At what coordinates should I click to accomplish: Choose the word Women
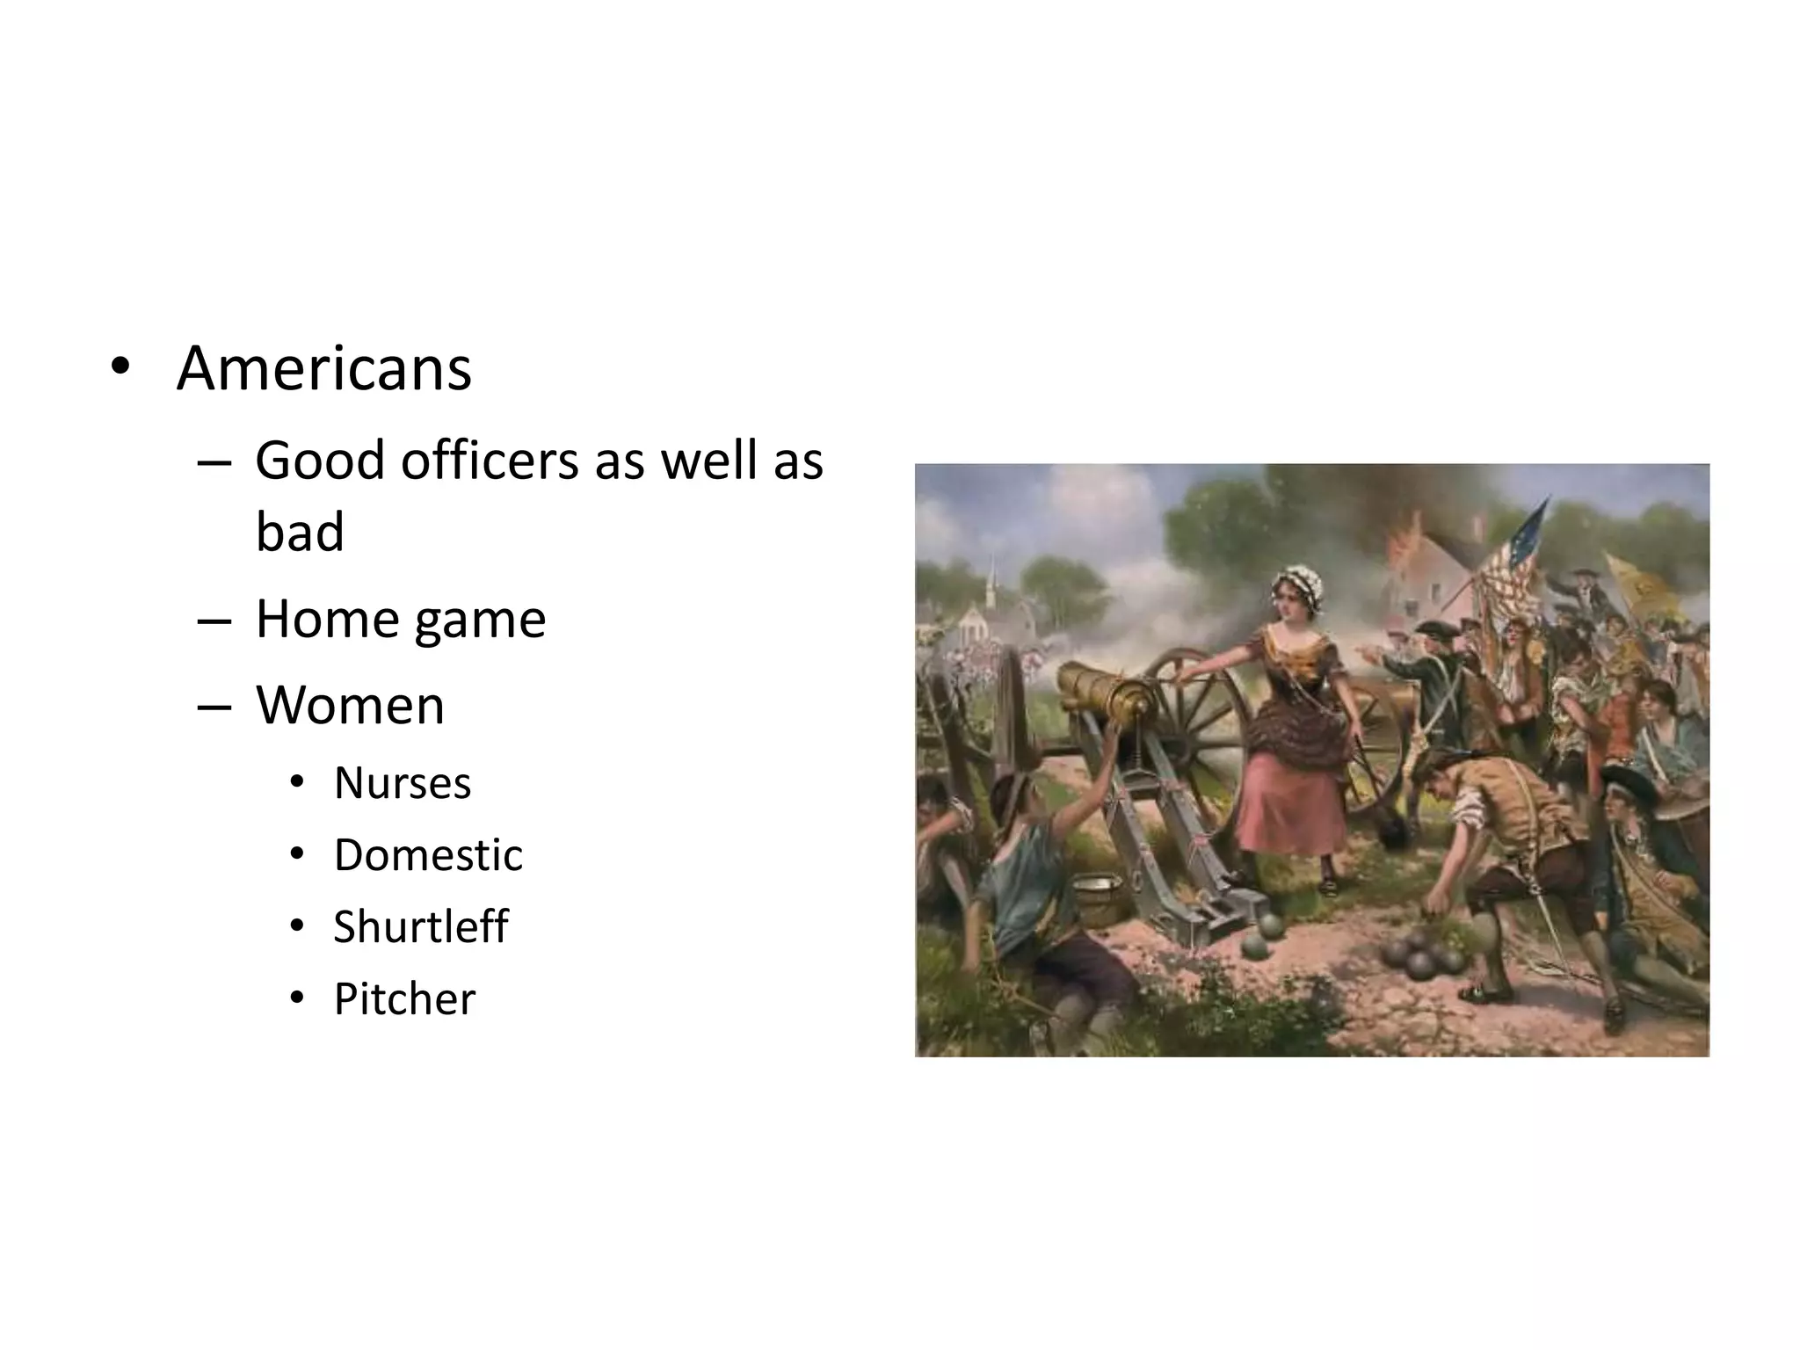tap(350, 705)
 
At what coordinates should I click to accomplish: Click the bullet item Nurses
tap(403, 782)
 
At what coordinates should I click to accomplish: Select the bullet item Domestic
tap(428, 854)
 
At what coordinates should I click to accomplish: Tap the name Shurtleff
tap(420, 926)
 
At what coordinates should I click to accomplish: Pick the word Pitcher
tap(404, 999)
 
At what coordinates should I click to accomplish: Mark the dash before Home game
tap(214, 621)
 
